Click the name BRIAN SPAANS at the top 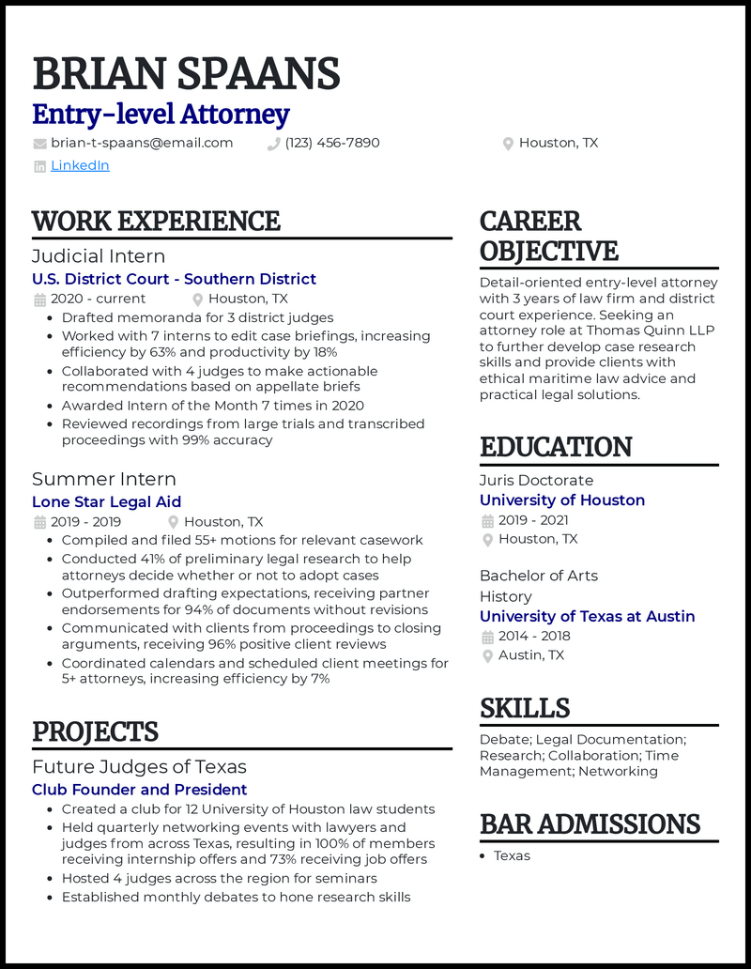coord(186,74)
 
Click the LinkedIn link coord(80,165)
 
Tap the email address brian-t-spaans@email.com coord(142,143)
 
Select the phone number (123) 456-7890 coord(332,143)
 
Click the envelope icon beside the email coord(39,144)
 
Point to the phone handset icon coord(274,144)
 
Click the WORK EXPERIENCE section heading coord(156,222)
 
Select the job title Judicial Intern coord(99,255)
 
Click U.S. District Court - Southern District coord(174,279)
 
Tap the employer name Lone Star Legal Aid coord(106,501)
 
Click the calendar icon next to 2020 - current coord(39,300)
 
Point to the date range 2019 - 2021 coord(533,520)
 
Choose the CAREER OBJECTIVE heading coord(548,236)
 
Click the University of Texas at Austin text coord(587,616)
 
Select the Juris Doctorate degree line coord(536,480)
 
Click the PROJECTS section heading coord(95,731)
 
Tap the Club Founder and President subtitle coord(139,790)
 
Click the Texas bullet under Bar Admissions coord(512,855)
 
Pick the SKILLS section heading coord(525,708)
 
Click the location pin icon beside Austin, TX coord(487,655)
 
